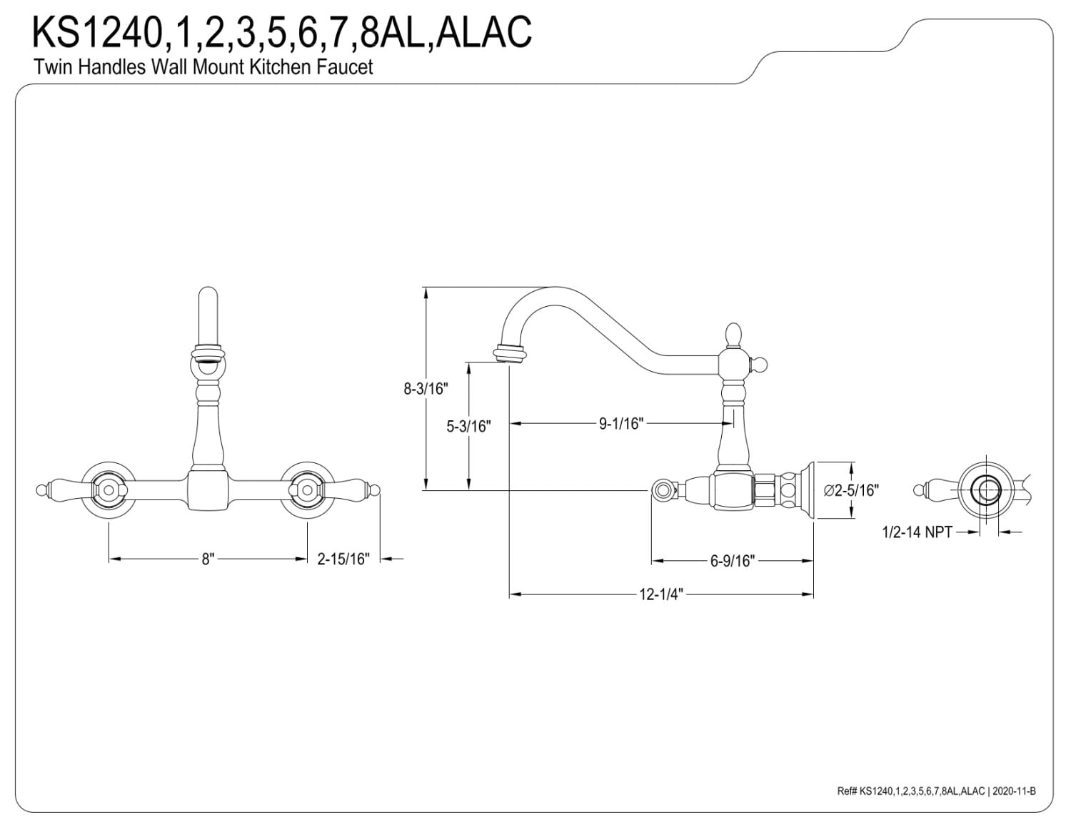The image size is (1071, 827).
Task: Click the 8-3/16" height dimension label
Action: tap(425, 389)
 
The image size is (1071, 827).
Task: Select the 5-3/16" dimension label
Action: tap(468, 426)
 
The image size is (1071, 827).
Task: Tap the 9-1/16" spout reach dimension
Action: tap(621, 423)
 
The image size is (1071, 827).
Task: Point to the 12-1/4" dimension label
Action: tap(661, 594)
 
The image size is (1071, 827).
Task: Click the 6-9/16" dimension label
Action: tap(732, 561)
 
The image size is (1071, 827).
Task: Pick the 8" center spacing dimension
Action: tap(208, 559)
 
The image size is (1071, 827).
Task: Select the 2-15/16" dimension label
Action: tap(343, 559)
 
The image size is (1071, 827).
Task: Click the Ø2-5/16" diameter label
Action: tap(850, 490)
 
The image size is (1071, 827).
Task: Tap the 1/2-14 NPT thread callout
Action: tap(917, 532)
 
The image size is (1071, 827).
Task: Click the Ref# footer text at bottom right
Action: tap(935, 791)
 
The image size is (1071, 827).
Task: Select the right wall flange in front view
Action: tap(307, 489)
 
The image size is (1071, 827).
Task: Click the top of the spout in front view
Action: tap(208, 300)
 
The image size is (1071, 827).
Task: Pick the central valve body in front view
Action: tap(208, 489)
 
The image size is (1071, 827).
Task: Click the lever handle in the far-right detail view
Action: tap(932, 490)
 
